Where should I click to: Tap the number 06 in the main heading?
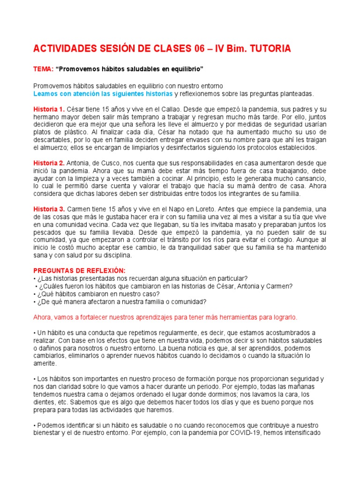click(199, 48)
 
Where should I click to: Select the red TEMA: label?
click(43, 69)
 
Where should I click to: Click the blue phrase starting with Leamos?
click(103, 94)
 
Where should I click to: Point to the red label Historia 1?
click(49, 109)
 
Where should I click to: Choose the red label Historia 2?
click(49, 163)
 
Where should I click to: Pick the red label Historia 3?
click(49, 209)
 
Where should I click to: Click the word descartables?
click(52, 140)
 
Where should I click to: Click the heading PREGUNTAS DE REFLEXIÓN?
click(79, 271)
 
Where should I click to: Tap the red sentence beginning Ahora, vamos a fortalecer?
click(165, 317)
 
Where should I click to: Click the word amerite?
click(45, 363)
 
